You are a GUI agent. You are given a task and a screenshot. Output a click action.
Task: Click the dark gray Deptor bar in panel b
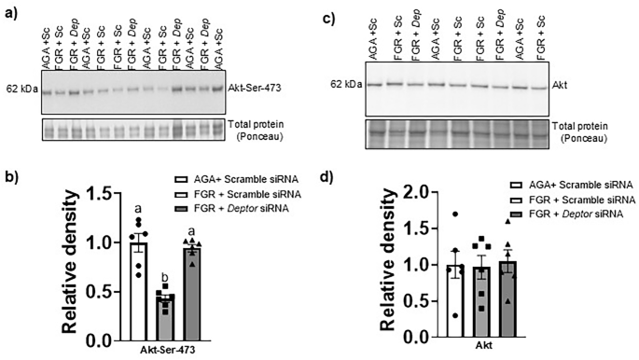[192, 285]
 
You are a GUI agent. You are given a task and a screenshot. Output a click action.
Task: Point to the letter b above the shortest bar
[165, 277]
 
